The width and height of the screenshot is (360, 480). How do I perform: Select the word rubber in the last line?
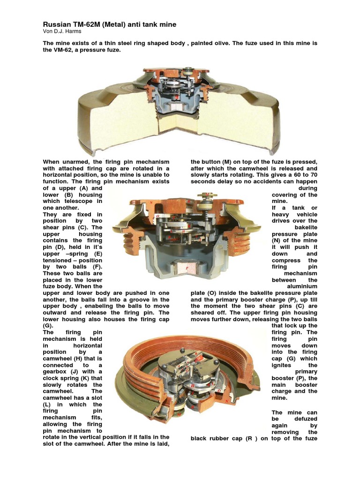pyautogui.click(x=229, y=439)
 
